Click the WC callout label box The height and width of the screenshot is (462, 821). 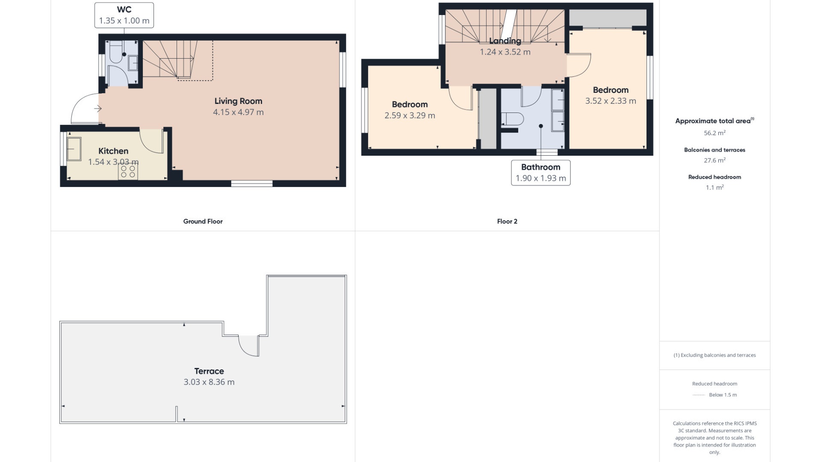[124, 15]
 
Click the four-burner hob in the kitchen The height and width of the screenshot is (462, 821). [128, 172]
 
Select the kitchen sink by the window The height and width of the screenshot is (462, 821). [74, 149]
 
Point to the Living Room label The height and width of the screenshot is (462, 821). [238, 101]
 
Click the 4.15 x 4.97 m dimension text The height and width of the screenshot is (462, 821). [238, 113]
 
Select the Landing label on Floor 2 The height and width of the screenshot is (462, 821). [505, 41]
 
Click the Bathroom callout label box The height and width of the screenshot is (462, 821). [540, 173]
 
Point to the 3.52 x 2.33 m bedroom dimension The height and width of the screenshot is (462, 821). [610, 101]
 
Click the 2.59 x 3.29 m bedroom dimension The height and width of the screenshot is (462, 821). [410, 115]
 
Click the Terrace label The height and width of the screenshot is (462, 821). [209, 371]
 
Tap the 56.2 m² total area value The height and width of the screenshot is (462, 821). [715, 133]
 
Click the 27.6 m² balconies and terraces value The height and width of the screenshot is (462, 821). [715, 160]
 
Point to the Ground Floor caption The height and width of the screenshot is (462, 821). [203, 222]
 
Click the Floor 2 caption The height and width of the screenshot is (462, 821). [507, 222]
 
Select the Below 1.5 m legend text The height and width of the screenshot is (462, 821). [723, 395]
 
